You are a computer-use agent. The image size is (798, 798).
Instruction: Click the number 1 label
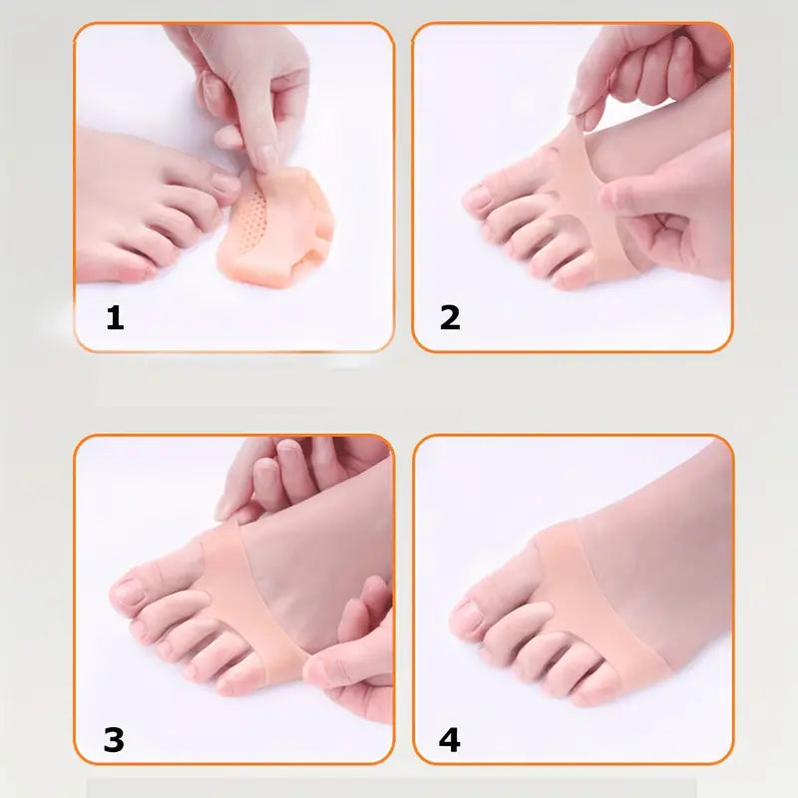coord(116,318)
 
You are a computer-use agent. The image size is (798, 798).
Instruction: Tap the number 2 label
coord(450,318)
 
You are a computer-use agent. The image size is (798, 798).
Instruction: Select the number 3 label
coord(115,740)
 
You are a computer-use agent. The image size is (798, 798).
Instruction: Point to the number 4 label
coord(450,740)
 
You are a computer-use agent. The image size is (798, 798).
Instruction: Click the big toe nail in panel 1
coord(224,185)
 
